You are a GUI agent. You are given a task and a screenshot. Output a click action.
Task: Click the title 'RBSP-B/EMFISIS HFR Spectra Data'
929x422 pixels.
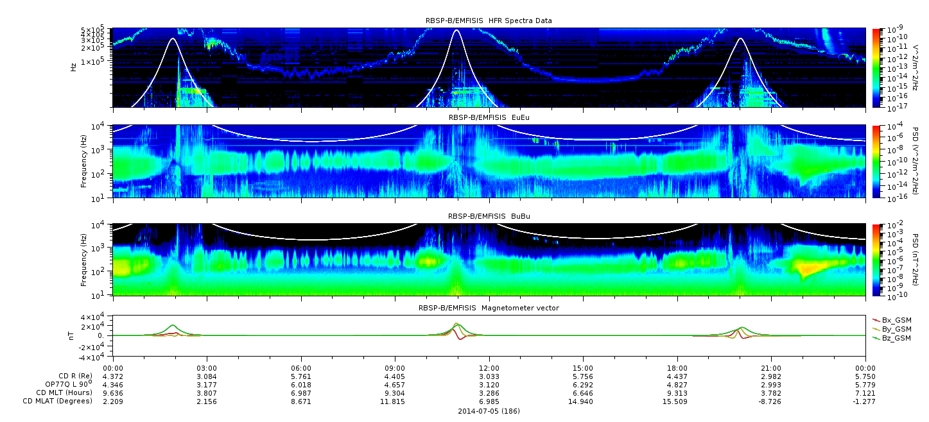point(489,21)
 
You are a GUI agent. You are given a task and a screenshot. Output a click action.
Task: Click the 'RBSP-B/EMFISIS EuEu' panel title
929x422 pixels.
point(489,117)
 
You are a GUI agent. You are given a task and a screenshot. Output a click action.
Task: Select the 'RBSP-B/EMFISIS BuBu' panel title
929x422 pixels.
point(489,216)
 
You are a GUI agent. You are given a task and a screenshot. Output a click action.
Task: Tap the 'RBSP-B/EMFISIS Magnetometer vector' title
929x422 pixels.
point(489,308)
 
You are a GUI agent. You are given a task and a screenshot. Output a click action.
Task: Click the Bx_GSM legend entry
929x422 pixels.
point(892,320)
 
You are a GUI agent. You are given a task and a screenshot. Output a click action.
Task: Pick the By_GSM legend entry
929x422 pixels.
point(892,329)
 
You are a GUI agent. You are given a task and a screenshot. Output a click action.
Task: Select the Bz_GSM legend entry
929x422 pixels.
point(892,338)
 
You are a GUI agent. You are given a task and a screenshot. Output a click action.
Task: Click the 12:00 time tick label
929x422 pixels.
point(489,368)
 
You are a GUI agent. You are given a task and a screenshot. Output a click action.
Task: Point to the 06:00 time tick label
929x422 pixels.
point(301,368)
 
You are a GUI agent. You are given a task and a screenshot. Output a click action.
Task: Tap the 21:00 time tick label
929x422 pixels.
point(771,368)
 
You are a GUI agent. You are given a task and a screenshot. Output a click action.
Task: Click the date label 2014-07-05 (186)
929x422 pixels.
point(489,411)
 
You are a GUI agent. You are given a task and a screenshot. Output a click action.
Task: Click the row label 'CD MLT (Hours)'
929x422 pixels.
point(64,392)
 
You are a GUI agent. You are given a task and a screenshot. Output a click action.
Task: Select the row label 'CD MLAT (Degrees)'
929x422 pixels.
point(57,401)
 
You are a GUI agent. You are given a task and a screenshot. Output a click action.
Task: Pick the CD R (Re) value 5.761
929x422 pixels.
point(301,376)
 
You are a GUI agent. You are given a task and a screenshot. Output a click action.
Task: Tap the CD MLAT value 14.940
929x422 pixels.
point(583,401)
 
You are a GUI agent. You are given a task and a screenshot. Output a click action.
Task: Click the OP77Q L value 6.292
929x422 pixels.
point(583,385)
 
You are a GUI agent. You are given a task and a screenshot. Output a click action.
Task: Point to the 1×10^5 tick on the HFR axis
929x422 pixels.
point(96,62)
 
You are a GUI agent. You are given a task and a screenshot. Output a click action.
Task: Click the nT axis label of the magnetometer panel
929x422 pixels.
point(71,335)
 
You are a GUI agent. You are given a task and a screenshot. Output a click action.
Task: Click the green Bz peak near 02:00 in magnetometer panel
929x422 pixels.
point(173,325)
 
